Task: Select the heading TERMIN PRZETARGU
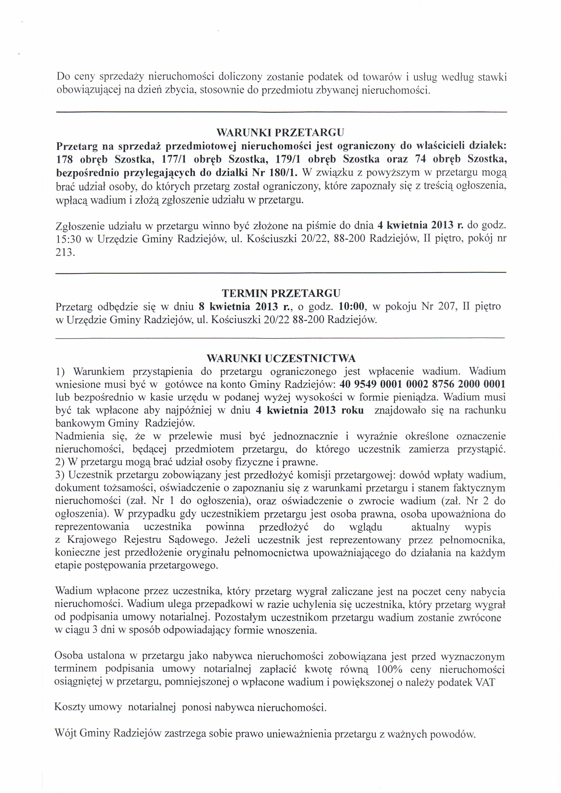281,293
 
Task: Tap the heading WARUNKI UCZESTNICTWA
281,358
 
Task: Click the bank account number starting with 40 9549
422,384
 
